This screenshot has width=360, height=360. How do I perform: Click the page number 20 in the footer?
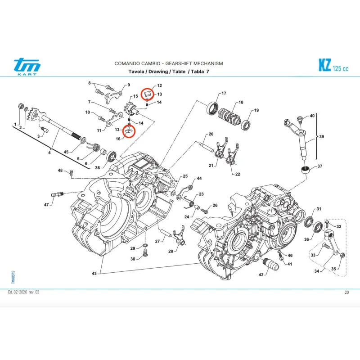(346, 292)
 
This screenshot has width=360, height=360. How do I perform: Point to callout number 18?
(241, 103)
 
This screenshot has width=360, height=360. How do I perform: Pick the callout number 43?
(94, 274)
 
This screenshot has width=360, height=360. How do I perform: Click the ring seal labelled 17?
(212, 108)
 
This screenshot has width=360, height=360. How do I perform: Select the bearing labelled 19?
(247, 124)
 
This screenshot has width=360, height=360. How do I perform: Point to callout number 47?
(46, 205)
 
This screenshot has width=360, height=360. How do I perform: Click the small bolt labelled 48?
(71, 174)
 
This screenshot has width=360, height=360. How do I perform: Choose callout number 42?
(261, 274)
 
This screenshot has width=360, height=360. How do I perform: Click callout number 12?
(159, 85)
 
